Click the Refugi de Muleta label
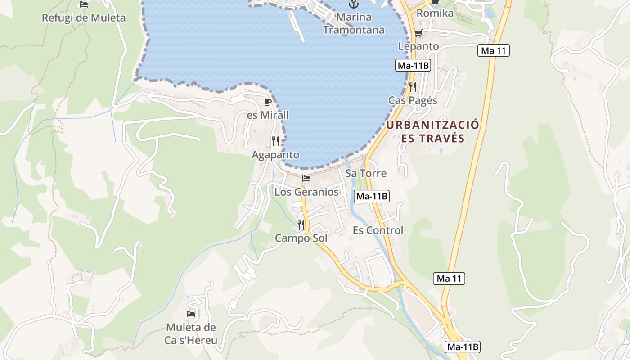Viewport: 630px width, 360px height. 83,18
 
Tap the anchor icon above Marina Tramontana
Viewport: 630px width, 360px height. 354,4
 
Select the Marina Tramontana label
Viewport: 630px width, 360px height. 354,23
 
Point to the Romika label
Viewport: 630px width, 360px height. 435,13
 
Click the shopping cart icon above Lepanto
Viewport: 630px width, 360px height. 418,33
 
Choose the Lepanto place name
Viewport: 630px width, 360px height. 418,46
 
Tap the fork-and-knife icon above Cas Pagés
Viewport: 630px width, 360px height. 413,87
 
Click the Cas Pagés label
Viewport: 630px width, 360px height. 413,100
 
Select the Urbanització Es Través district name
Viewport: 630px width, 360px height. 432,131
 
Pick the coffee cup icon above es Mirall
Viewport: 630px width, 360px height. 268,102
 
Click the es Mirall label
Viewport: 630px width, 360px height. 268,115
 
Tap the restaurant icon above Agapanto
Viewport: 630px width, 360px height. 275,141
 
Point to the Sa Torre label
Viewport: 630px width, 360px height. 365,173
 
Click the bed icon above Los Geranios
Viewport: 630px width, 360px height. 306,179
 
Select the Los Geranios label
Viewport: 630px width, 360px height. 306,192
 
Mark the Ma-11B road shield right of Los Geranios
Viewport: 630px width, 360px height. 372,196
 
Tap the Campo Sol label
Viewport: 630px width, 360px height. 301,238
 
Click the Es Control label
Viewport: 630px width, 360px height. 378,230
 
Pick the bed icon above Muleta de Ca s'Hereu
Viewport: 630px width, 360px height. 191,314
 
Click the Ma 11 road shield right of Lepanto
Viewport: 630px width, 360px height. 494,50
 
